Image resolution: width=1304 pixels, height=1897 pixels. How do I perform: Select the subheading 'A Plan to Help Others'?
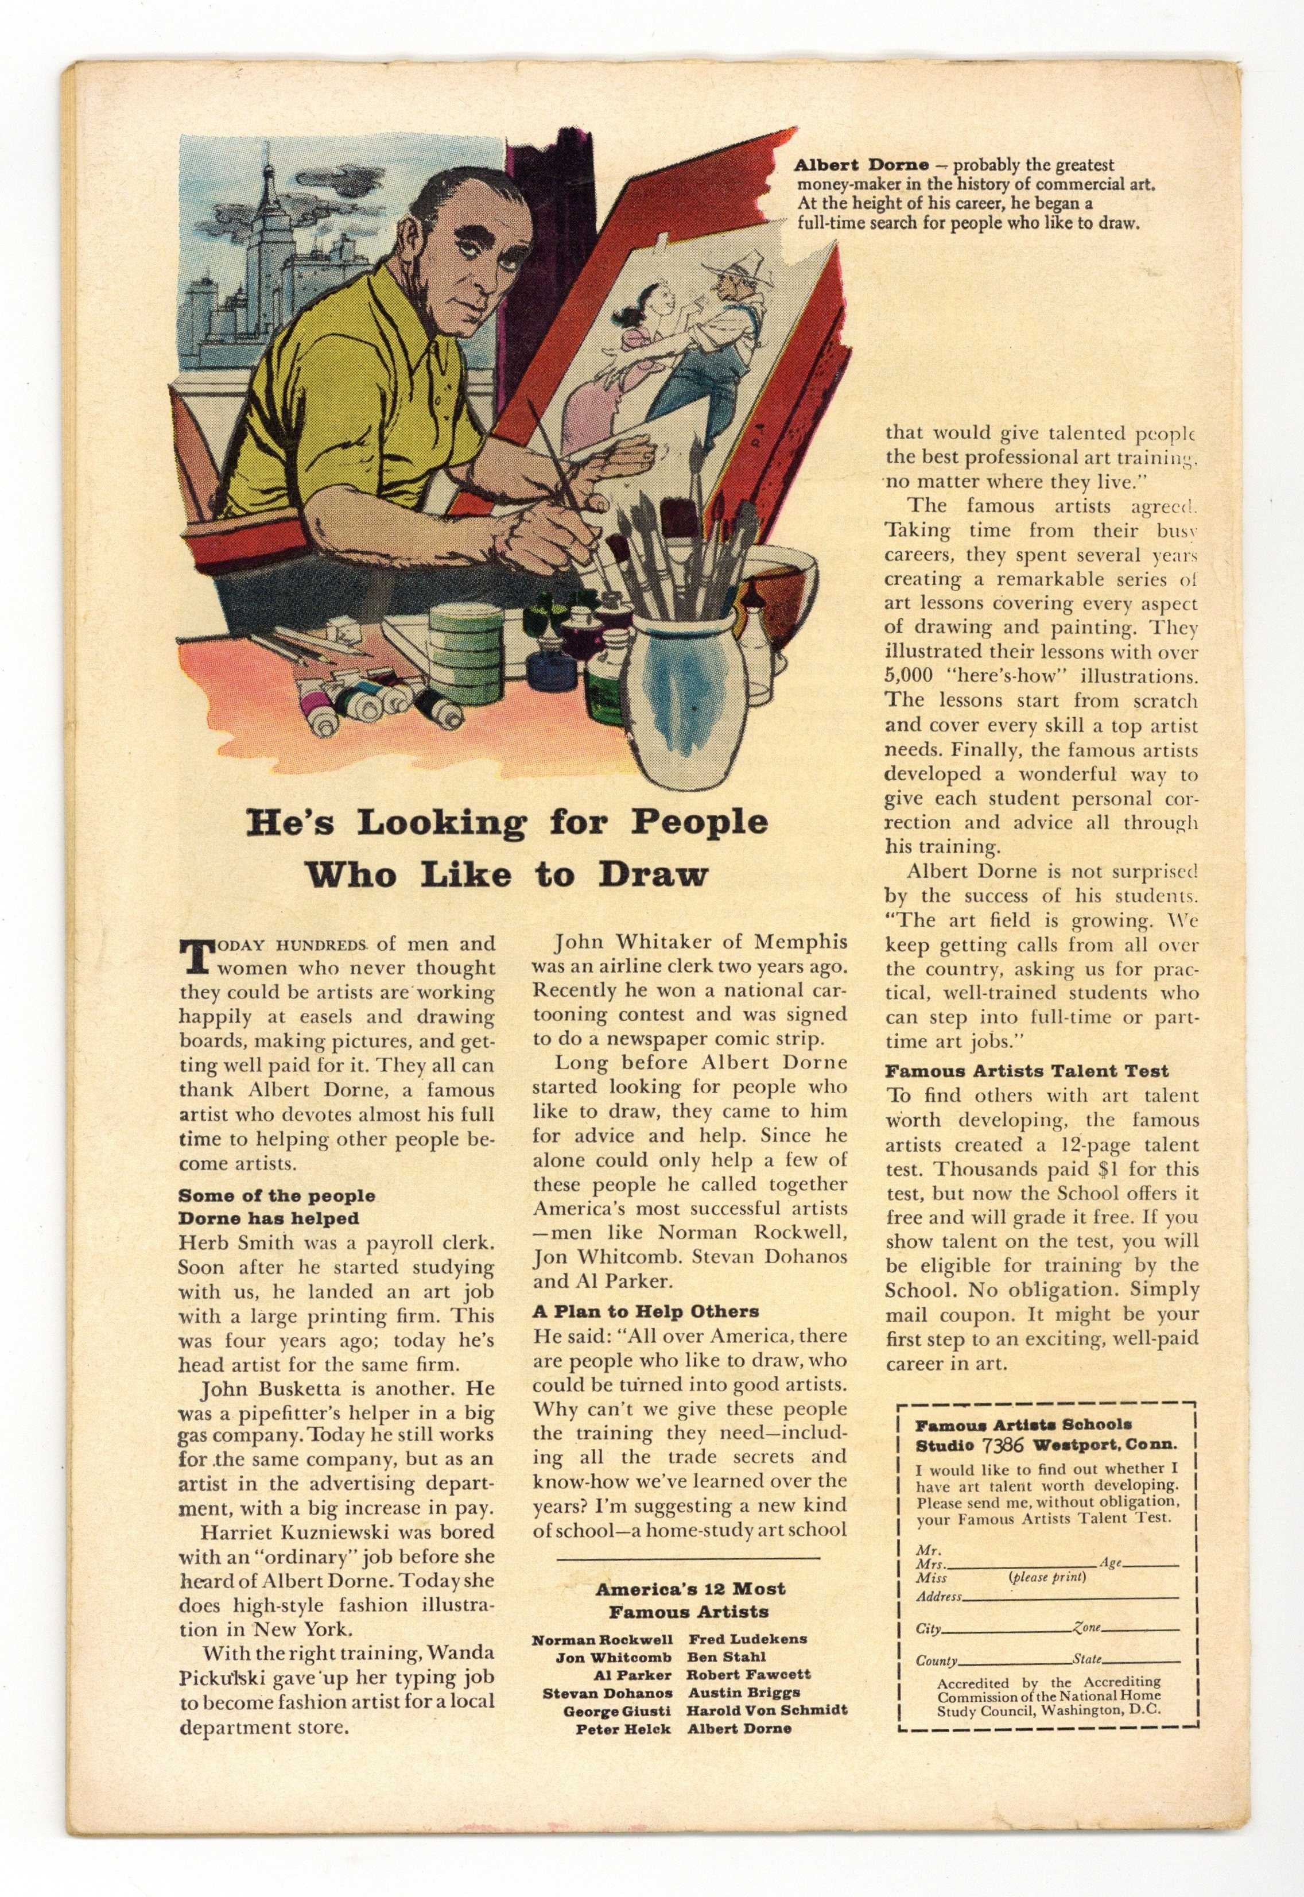point(646,1312)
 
